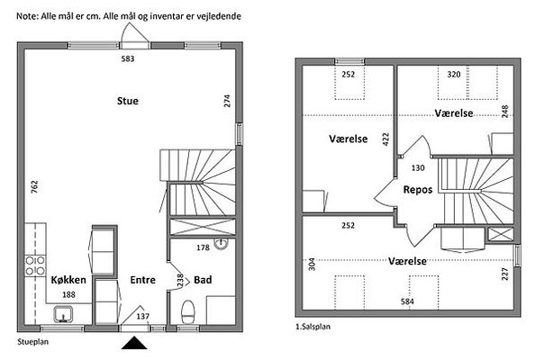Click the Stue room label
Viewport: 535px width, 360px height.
(128, 101)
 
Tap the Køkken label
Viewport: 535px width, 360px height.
(68, 280)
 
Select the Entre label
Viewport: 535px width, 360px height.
(142, 280)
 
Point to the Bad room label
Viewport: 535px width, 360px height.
(203, 280)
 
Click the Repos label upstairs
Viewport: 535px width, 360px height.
(418, 190)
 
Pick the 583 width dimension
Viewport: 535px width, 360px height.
(128, 59)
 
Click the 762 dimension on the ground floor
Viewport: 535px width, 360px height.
(35, 187)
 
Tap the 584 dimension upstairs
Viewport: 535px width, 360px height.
(407, 301)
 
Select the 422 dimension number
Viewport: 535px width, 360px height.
(385, 139)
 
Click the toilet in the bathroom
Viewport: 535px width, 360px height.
(188, 311)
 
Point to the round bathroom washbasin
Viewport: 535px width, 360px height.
(221, 243)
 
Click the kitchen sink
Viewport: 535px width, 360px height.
(63, 314)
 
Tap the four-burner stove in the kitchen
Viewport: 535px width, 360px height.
(35, 265)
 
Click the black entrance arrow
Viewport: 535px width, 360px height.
(134, 343)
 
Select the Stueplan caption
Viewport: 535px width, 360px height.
(33, 342)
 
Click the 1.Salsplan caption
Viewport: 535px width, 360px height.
(313, 327)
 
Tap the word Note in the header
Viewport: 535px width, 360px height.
(27, 16)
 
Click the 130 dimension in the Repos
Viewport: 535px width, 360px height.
(418, 168)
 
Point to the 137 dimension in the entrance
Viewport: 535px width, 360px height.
(143, 317)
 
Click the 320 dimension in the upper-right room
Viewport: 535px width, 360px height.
(454, 75)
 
